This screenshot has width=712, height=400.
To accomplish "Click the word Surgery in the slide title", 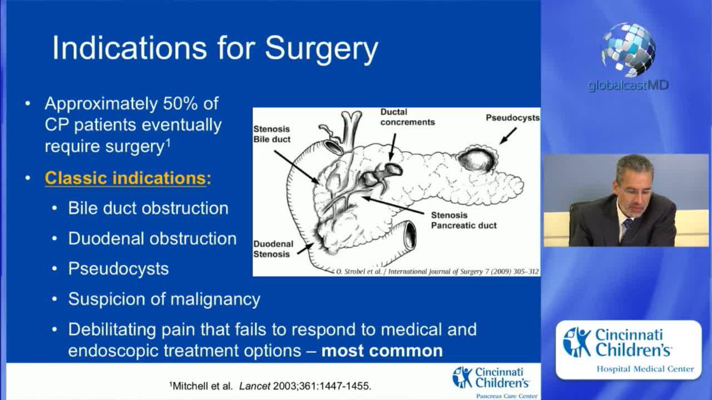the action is [322, 48].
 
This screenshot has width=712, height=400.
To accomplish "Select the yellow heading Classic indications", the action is [125, 178].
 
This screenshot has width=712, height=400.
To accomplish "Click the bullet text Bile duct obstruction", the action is [148, 208].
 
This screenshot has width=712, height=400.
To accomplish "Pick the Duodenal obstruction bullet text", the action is [152, 238].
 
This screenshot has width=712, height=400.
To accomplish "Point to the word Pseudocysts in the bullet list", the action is [118, 269].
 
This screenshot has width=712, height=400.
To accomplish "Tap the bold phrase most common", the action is [382, 351].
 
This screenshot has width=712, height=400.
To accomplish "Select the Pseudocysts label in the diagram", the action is [513, 118].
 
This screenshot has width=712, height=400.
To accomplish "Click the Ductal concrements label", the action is [408, 117].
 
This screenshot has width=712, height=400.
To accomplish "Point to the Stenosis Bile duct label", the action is [272, 134].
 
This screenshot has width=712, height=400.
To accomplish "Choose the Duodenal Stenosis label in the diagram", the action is [273, 249].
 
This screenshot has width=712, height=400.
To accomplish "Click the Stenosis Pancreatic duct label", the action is [463, 221].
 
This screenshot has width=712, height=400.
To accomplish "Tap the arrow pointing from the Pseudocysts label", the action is [508, 136].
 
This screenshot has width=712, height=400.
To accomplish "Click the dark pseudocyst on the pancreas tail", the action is [476, 161].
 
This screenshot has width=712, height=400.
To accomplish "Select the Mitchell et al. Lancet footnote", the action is [270, 386].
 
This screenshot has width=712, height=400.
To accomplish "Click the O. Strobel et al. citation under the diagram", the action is [437, 272].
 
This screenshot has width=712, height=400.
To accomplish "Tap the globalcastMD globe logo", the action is [628, 49].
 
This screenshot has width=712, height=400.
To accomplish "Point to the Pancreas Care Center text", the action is [507, 396].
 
